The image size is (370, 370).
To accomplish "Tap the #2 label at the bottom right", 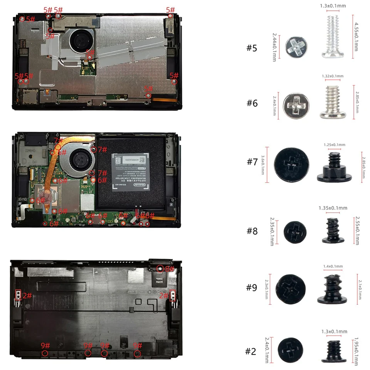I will pos(251,351).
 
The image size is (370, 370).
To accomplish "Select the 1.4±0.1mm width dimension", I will pos(333,266).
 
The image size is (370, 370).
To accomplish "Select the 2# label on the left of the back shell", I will pos(27,296).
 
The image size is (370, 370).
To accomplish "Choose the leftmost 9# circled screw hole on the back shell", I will pos(45,353).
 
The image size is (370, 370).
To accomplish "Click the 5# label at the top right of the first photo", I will pos(170,10).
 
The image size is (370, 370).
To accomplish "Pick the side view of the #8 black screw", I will pos(332,230).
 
